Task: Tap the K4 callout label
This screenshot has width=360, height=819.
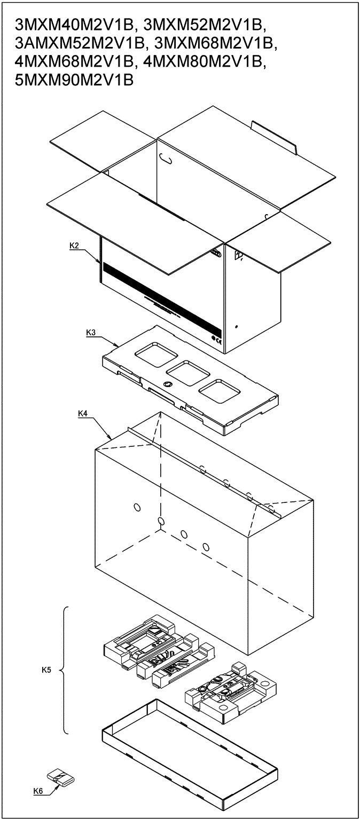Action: click(x=83, y=413)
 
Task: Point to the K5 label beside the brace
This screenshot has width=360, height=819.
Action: click(x=46, y=669)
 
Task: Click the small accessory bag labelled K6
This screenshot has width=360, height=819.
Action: click(x=60, y=777)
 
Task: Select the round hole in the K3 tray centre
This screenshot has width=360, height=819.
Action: click(x=167, y=384)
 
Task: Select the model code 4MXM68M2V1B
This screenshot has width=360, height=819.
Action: click(x=74, y=62)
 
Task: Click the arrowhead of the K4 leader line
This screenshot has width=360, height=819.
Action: click(x=111, y=438)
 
